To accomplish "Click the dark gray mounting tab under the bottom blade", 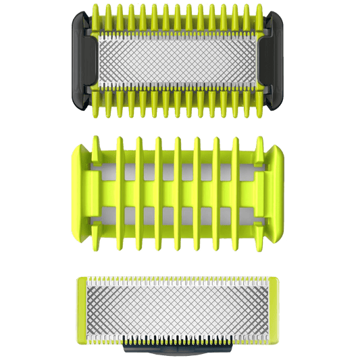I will pos(180,351).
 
